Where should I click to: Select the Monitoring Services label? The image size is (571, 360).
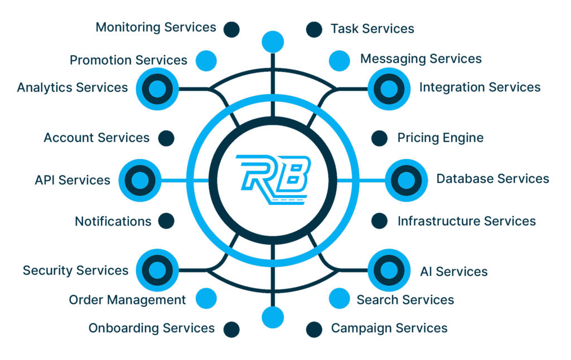156,27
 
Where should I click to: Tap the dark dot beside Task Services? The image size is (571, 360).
314,29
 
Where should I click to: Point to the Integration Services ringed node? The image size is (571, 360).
389,88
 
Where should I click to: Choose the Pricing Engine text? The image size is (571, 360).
440,138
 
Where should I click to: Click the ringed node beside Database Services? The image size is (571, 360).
405,179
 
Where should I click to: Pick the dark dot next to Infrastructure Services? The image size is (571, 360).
380,221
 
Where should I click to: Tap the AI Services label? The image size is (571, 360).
453,271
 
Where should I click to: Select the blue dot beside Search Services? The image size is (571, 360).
339,299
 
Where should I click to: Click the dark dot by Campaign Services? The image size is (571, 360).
314,329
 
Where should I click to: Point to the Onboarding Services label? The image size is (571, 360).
151,328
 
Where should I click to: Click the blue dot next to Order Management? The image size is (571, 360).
206,299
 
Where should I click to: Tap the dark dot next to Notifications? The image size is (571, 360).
166,221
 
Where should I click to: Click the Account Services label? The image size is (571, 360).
96,138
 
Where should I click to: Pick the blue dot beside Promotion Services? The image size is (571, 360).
206,60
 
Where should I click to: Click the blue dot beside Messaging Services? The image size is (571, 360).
339,60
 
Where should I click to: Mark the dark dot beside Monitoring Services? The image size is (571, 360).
231,29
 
